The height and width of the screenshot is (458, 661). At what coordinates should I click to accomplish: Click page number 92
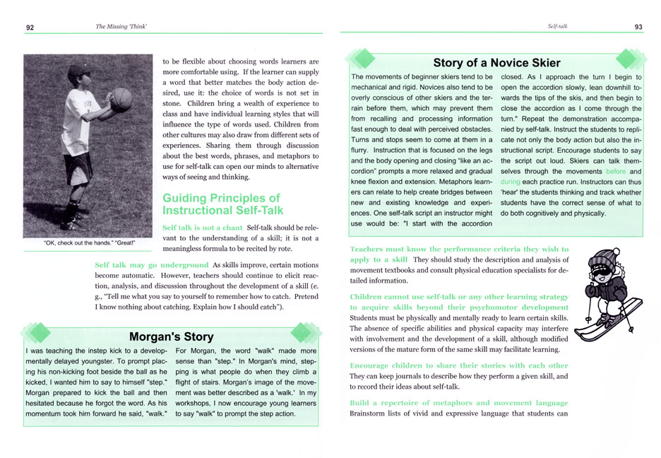[x=30, y=27]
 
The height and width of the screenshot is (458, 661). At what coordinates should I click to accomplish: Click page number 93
[x=638, y=27]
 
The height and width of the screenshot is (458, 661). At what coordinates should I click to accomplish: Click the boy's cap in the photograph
[x=78, y=72]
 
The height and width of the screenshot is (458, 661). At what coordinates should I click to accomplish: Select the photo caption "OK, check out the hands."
[x=89, y=244]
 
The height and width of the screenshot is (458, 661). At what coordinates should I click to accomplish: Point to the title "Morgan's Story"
[x=171, y=336]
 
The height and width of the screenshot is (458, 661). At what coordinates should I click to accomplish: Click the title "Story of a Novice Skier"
[x=496, y=63]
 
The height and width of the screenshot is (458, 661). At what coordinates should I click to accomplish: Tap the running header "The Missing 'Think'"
[x=126, y=27]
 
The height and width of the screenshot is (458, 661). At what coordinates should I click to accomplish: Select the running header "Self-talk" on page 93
[x=558, y=27]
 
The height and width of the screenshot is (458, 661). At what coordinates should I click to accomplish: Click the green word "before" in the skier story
[x=615, y=172]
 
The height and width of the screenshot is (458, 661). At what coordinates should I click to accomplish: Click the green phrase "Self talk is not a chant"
[x=202, y=228]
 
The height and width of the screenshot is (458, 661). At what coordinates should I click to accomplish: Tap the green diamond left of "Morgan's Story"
[x=37, y=332]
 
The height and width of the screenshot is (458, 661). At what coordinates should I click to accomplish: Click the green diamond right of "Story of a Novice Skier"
[x=629, y=59]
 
